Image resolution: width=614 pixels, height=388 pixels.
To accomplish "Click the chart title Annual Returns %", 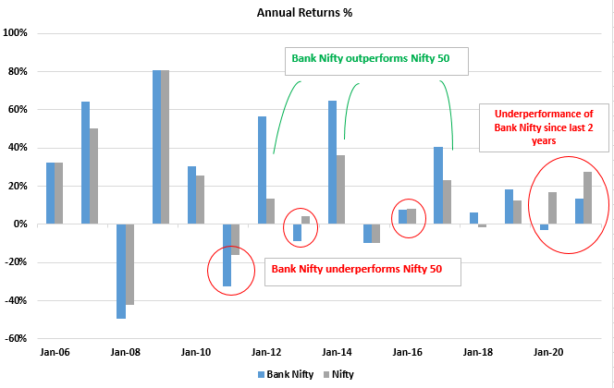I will click(306, 13).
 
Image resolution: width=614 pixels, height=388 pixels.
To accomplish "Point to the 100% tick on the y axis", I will click(18, 33).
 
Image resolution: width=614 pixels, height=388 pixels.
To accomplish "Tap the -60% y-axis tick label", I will click(18, 338).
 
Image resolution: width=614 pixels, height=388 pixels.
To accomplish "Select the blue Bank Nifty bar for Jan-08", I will click(120, 271).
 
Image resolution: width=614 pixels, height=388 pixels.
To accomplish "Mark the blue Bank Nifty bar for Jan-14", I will click(332, 162).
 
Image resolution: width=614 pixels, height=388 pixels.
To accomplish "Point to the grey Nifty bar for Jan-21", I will click(587, 198).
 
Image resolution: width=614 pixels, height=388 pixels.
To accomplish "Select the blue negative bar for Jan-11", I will click(227, 255).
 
